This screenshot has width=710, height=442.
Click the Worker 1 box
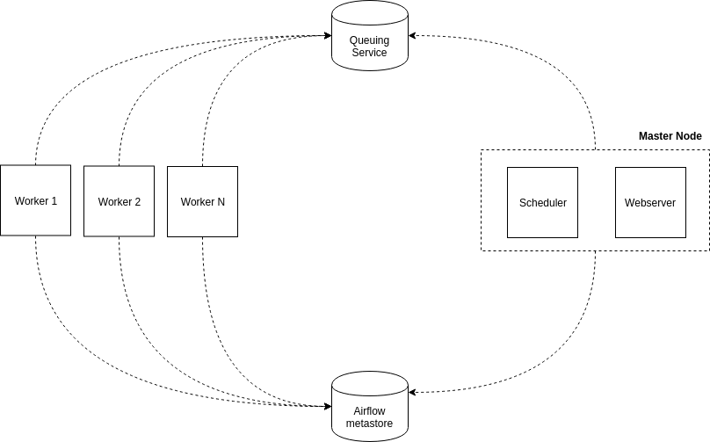(36, 200)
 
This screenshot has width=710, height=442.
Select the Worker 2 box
(119, 201)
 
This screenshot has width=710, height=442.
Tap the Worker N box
(202, 201)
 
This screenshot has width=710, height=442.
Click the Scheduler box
(542, 202)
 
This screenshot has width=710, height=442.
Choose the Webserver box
(649, 202)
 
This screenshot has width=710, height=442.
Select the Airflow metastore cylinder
(369, 406)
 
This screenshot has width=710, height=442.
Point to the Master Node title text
(670, 136)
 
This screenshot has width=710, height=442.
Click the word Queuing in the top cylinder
(369, 40)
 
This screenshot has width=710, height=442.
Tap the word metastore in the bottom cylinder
(369, 424)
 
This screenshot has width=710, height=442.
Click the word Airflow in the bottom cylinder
(369, 411)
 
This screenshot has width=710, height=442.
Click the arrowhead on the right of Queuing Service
(413, 36)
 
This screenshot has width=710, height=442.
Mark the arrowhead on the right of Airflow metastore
(413, 392)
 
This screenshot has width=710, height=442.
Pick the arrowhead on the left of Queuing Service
(326, 36)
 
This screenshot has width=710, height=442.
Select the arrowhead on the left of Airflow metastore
(326, 405)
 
